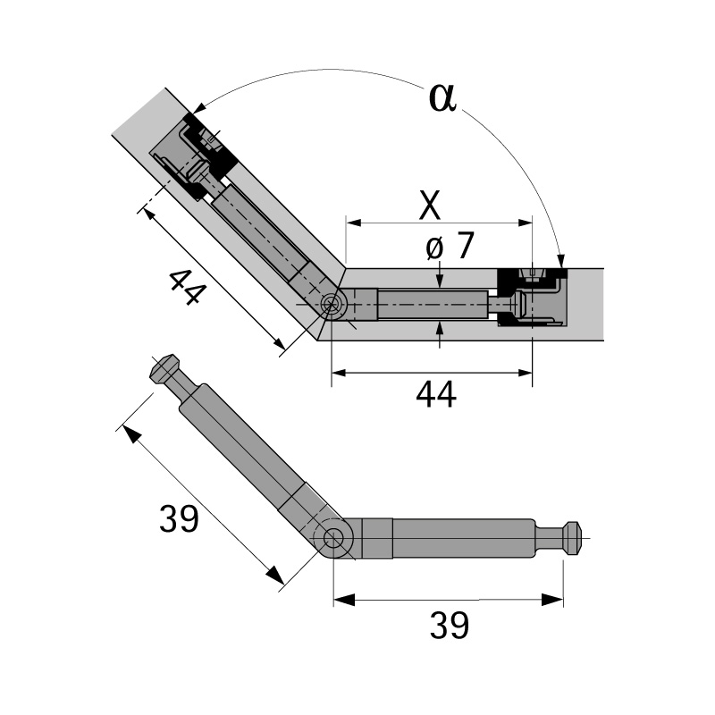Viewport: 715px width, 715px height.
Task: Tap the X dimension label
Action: [430, 206]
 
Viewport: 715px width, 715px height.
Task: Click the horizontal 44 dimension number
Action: [436, 394]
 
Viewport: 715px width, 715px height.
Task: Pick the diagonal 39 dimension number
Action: [178, 518]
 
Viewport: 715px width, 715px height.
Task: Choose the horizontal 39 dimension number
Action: [449, 626]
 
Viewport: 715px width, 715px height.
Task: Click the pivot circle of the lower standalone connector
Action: [336, 538]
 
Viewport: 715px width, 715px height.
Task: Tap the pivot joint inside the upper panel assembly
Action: [334, 305]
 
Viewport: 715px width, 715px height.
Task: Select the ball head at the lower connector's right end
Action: [572, 537]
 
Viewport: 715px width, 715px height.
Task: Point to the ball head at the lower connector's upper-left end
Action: [164, 368]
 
